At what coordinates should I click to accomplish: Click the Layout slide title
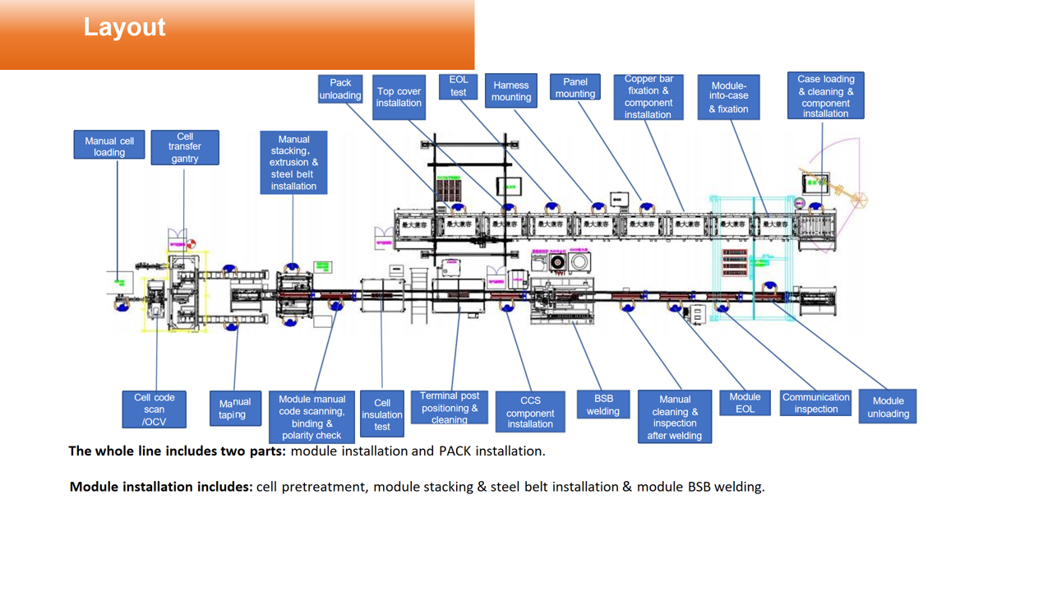pos(124,27)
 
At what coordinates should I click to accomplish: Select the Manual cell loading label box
pos(109,146)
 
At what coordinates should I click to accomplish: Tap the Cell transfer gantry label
pos(185,147)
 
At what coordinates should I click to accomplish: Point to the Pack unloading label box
pos(340,89)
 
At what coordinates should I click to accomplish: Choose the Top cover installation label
pos(399,97)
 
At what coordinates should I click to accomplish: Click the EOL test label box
pos(458,86)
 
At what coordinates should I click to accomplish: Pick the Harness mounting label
pos(511,90)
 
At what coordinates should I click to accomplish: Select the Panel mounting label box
pos(575,87)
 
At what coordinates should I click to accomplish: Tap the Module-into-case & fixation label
pos(729,97)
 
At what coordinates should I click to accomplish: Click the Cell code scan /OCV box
pos(155,409)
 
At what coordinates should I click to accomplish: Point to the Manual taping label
pos(235,409)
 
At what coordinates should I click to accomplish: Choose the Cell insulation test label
pos(382,414)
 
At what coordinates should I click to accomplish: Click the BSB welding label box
pos(603,405)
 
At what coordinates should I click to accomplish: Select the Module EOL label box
pos(745,402)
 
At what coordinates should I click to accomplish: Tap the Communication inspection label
pos(815,403)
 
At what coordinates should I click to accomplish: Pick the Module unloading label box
pos(888,407)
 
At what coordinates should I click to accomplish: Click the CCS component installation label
pos(530,412)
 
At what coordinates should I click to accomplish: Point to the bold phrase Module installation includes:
pos(161,487)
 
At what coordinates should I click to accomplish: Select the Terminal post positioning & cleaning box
pos(450,408)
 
